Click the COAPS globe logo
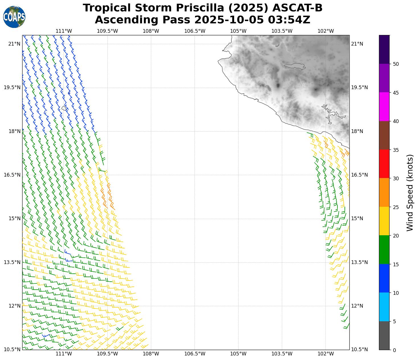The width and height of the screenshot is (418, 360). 14,17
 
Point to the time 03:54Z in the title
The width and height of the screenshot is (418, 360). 289,20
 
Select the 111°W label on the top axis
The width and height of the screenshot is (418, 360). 63,31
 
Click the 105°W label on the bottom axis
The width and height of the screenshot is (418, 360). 238,354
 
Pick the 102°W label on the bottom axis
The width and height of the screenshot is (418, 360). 325,354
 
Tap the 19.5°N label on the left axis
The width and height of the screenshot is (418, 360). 12,87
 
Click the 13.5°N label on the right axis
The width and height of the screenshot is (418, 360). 359,262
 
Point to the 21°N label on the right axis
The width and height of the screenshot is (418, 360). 357,44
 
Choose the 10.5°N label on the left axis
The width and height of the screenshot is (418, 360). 12,349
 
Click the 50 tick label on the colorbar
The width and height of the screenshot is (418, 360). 396,64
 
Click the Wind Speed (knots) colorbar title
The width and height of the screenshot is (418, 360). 409,193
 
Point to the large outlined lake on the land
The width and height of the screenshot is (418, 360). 295,66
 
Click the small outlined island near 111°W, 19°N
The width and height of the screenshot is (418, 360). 64,108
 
